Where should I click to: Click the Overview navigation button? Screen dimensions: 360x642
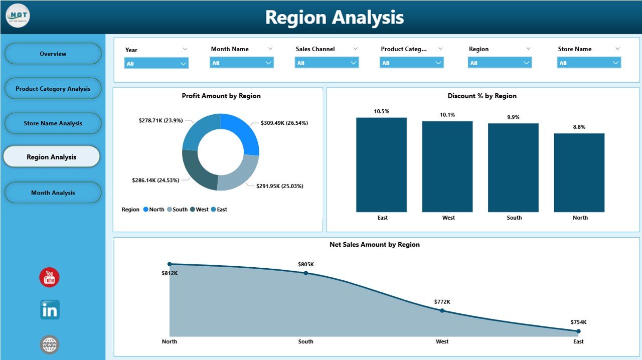click(x=53, y=54)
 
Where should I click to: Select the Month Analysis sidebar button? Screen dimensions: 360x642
click(x=53, y=193)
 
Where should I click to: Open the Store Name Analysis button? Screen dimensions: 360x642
click(x=53, y=123)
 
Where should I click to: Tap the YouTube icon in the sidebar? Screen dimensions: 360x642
click(x=50, y=277)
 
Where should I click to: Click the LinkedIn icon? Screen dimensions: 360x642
click(x=50, y=310)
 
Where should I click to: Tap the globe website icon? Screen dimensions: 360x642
click(x=50, y=344)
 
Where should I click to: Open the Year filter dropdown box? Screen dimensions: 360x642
click(x=156, y=63)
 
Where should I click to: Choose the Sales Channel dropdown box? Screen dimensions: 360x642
click(x=327, y=63)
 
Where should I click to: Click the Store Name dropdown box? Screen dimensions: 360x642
click(x=589, y=63)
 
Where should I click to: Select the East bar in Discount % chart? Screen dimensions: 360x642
click(x=382, y=165)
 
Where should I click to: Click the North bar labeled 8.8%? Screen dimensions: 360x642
click(x=579, y=172)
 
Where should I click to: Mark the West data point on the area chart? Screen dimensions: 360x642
click(x=442, y=310)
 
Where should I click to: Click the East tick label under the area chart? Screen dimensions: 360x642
click(x=578, y=341)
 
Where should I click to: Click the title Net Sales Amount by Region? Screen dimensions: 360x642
click(x=374, y=245)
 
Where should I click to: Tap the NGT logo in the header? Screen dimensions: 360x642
click(x=18, y=16)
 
